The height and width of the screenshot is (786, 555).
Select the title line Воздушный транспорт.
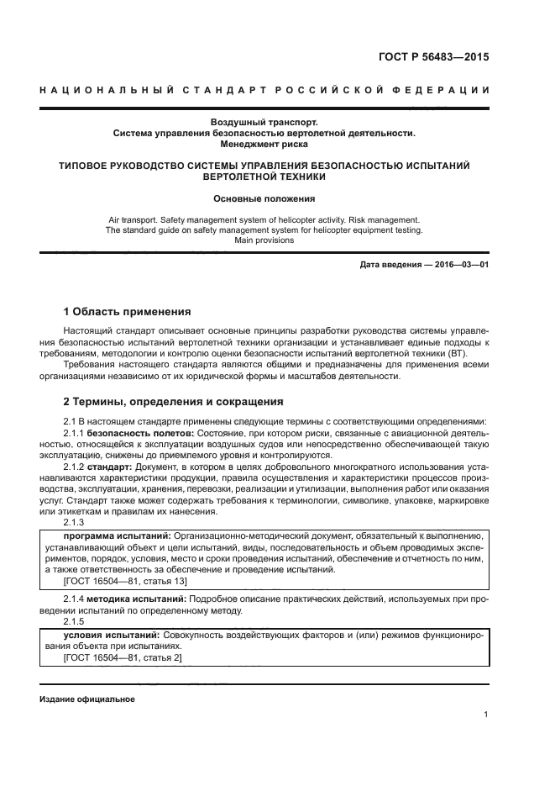click(264, 122)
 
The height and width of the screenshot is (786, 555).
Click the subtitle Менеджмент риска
click(264, 144)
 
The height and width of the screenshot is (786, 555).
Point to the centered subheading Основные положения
click(264, 199)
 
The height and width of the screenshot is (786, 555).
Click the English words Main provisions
click(264, 240)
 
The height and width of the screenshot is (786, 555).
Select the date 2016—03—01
click(461, 266)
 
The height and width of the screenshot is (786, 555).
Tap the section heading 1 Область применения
click(128, 312)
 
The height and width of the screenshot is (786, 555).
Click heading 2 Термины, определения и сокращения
click(174, 402)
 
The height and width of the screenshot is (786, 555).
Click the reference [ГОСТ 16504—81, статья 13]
click(125, 581)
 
